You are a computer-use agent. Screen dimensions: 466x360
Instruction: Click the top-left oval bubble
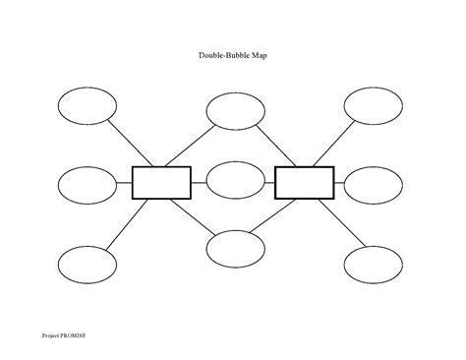coord(87,105)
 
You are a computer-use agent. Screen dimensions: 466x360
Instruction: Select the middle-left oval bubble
coord(87,183)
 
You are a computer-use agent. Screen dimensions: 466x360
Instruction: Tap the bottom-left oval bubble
coord(87,264)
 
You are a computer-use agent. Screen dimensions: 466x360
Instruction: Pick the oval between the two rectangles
coord(234,181)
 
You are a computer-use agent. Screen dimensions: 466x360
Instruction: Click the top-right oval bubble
coord(373,105)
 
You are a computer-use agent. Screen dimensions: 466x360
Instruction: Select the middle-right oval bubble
coord(375,183)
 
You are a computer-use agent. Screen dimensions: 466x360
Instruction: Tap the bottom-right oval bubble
coord(374,264)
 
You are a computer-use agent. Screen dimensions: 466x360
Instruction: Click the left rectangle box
coord(161,182)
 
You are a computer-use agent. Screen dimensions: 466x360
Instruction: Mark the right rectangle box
coord(304,182)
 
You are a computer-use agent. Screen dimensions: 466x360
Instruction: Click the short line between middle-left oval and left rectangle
coord(124,183)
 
